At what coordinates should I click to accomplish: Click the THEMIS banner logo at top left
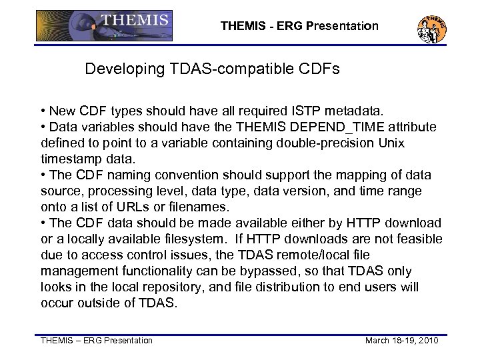(104, 26)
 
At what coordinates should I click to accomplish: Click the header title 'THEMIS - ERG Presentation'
(299, 27)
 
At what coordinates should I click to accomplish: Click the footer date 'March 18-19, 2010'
(402, 341)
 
